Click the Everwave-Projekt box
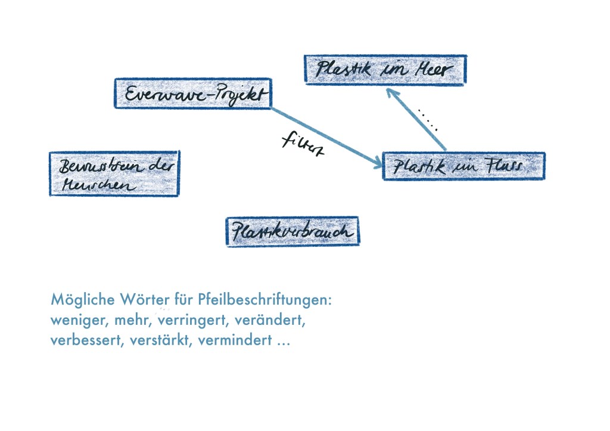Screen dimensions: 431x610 [192, 94]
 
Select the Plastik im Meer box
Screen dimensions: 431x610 [385, 70]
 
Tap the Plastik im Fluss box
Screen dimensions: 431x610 [463, 166]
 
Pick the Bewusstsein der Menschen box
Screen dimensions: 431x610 [114, 173]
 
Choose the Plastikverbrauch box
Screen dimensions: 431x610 [292, 231]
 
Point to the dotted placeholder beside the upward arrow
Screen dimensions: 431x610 [428, 120]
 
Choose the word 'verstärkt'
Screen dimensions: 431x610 [158, 343]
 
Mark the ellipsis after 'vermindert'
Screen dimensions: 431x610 [283, 345]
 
